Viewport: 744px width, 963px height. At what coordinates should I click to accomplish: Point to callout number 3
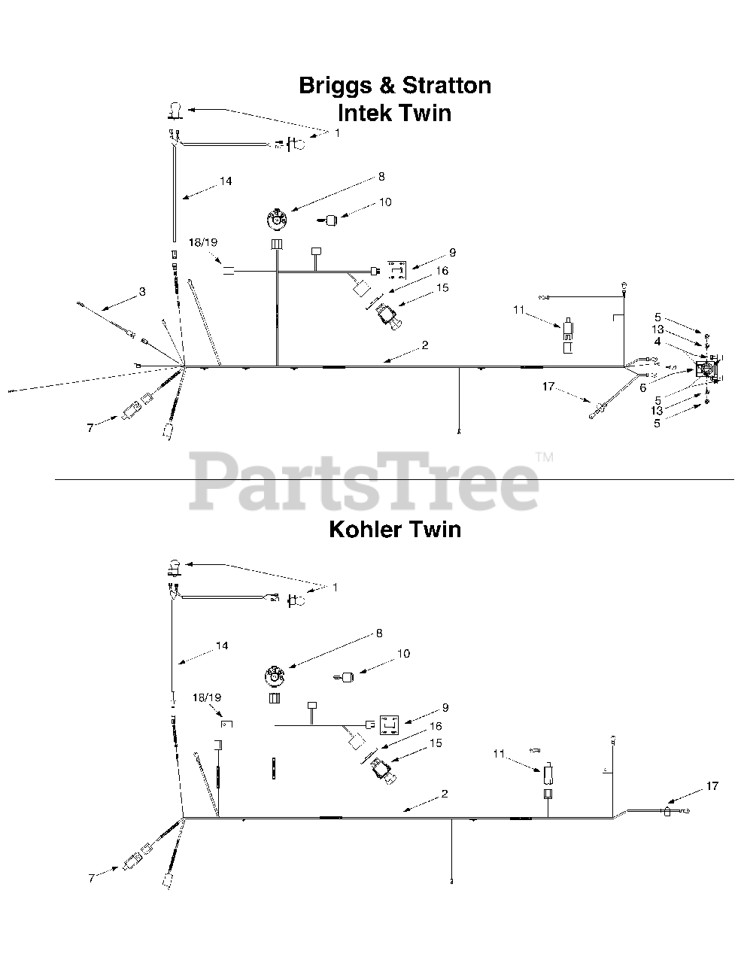(141, 291)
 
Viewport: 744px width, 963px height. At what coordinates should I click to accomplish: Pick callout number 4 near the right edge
(657, 342)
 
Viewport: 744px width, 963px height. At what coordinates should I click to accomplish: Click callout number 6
(643, 387)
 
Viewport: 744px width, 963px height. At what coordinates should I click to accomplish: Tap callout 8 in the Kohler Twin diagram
(379, 634)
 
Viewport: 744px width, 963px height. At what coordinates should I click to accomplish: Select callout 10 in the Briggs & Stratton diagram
(385, 202)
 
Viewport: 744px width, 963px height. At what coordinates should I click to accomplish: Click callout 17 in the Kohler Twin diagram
(712, 786)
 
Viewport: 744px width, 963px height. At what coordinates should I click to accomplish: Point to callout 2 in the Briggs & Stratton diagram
(425, 345)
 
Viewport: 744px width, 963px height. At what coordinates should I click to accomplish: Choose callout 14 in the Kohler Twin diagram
(221, 646)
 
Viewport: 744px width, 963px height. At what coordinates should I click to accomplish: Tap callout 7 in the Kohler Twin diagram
(92, 878)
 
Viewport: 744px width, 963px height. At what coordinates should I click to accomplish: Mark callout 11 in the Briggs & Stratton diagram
(519, 309)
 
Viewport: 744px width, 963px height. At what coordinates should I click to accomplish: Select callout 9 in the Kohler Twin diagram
(445, 707)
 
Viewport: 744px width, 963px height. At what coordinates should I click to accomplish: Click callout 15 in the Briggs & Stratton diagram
(442, 287)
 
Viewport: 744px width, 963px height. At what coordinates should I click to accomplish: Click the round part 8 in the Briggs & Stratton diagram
(278, 220)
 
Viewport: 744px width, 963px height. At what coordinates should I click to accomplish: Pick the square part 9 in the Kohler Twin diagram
(390, 725)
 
